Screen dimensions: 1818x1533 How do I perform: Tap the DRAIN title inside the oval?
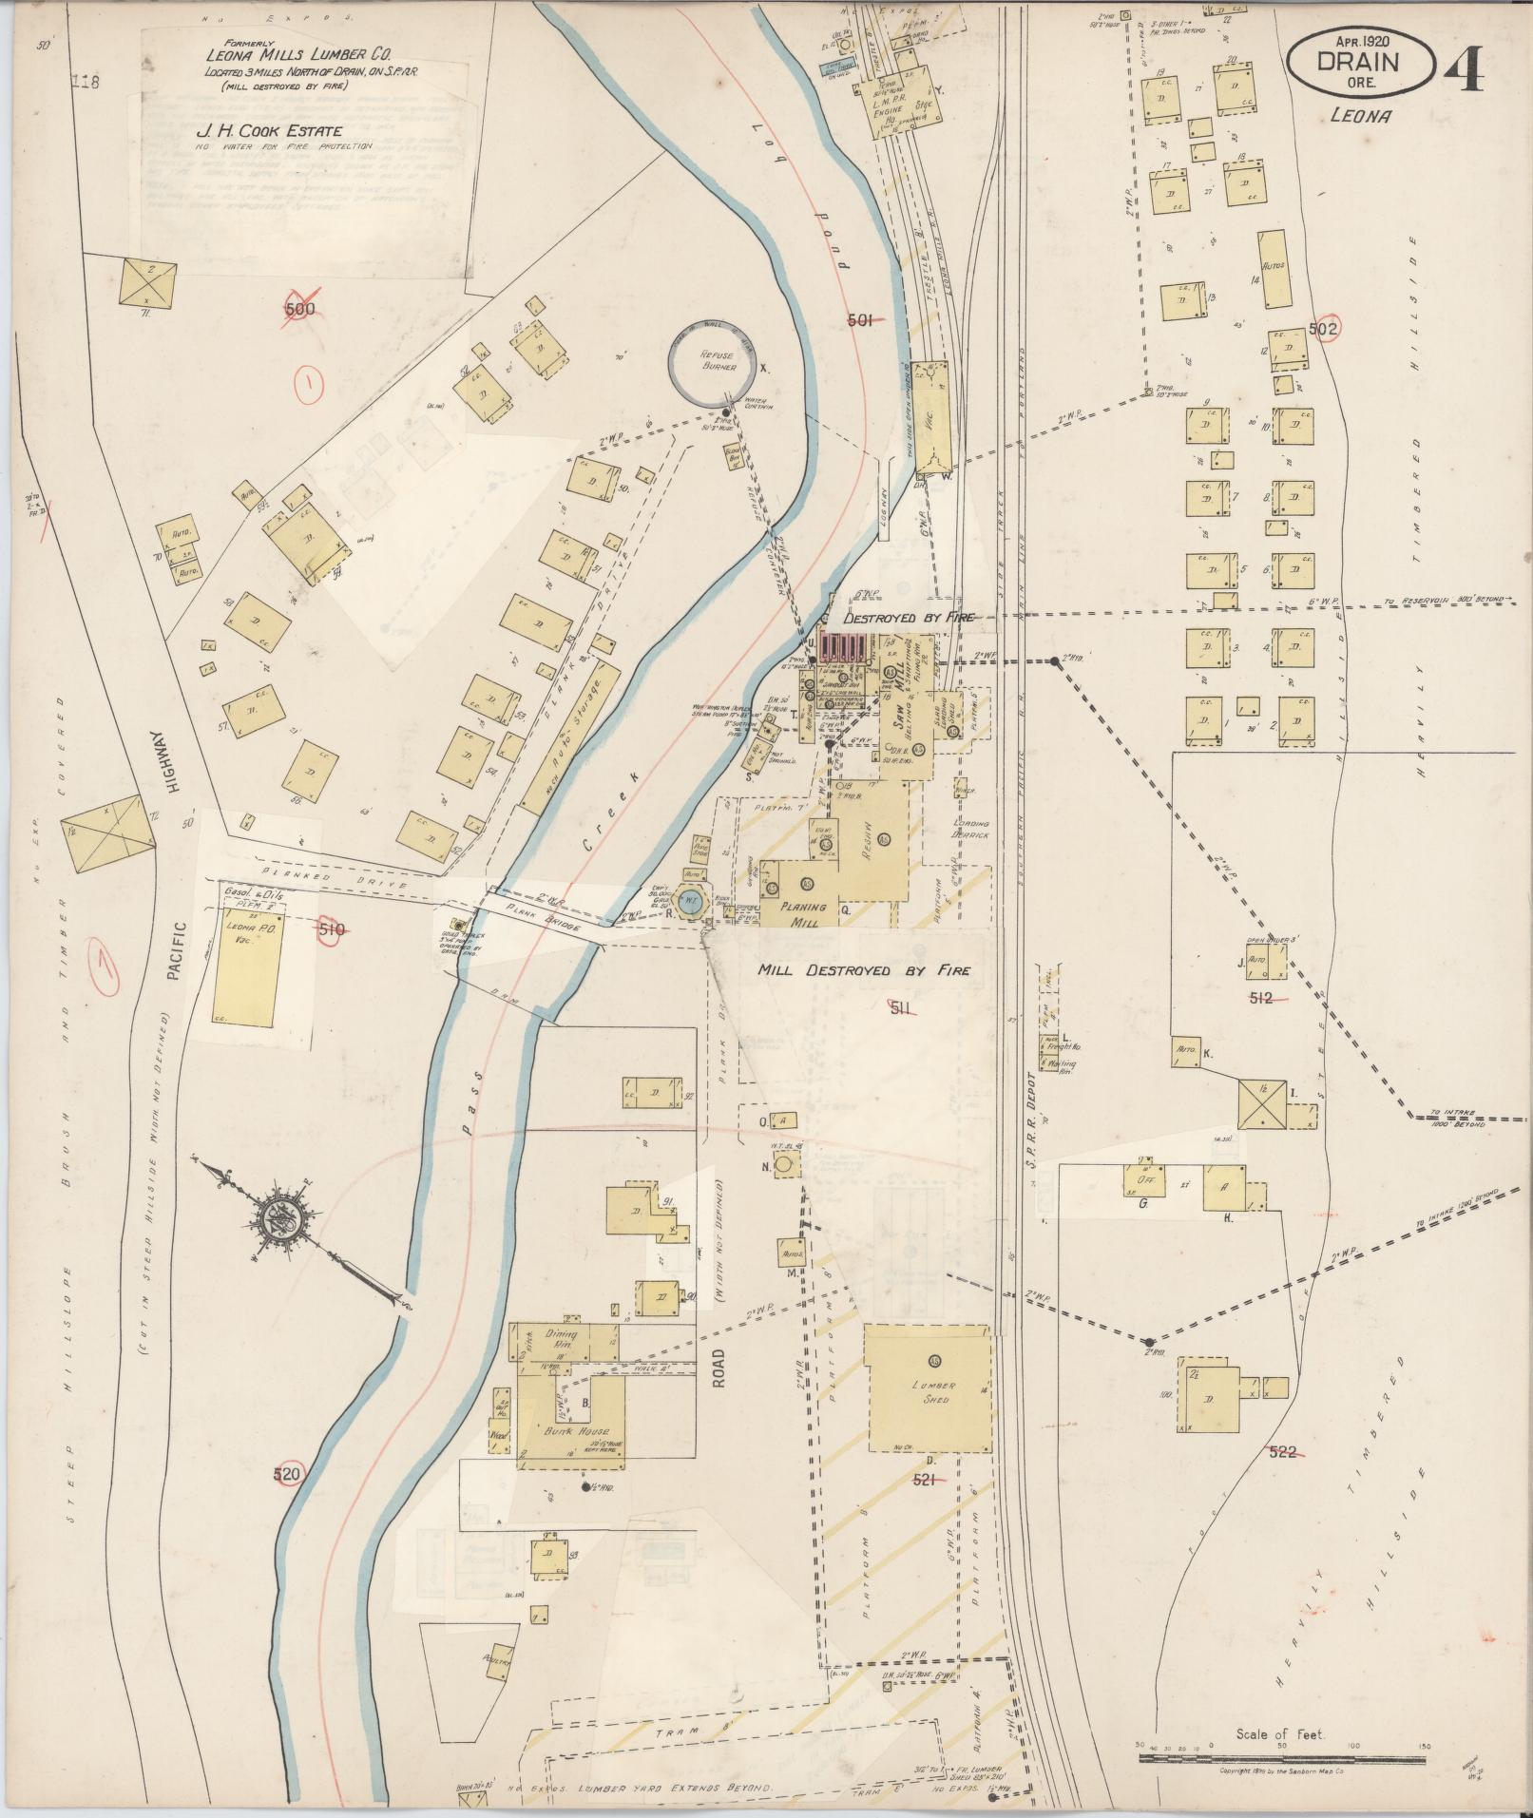1362,62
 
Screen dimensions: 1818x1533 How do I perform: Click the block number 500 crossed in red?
299,309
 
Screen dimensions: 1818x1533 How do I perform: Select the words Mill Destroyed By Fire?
863,971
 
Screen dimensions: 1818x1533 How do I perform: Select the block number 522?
1282,1479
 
